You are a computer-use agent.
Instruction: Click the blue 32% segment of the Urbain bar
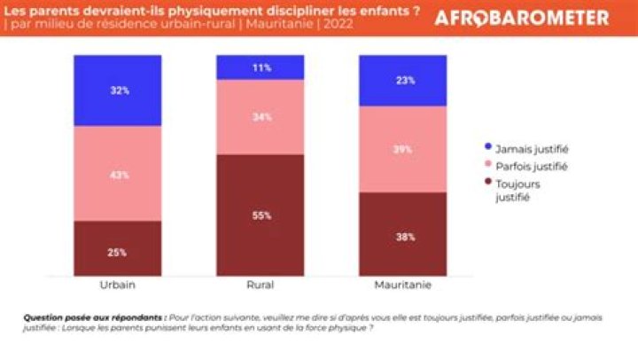[x=118, y=90]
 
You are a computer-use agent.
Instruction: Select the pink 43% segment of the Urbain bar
[x=118, y=174]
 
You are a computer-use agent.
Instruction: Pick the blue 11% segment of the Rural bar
[x=260, y=67]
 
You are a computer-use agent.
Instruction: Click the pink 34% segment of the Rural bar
[x=260, y=117]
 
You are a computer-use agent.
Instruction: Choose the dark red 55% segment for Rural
[x=260, y=214]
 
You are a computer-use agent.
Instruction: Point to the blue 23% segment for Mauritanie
[x=402, y=81]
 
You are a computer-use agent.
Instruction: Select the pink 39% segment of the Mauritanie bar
[x=402, y=149]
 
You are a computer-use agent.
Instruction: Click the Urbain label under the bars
[x=118, y=286]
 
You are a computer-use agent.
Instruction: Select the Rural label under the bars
[x=260, y=286]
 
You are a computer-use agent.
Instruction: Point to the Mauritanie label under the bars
[x=402, y=286]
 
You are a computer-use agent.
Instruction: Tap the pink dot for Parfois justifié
[x=487, y=166]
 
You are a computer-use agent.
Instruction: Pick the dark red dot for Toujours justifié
[x=487, y=184]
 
